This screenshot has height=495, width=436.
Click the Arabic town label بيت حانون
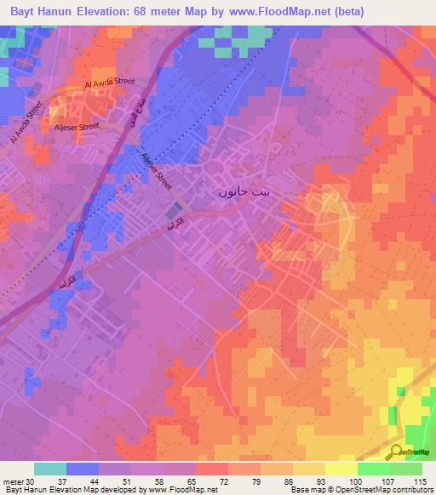245,192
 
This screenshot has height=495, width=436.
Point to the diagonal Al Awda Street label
24,123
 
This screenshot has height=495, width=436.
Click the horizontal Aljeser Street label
77,125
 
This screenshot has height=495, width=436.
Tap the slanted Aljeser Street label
156,167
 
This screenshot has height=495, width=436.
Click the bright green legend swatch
373,468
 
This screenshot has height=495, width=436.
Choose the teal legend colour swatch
50,468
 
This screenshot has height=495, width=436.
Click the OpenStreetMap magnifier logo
396,452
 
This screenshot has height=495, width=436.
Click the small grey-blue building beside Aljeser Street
174,209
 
